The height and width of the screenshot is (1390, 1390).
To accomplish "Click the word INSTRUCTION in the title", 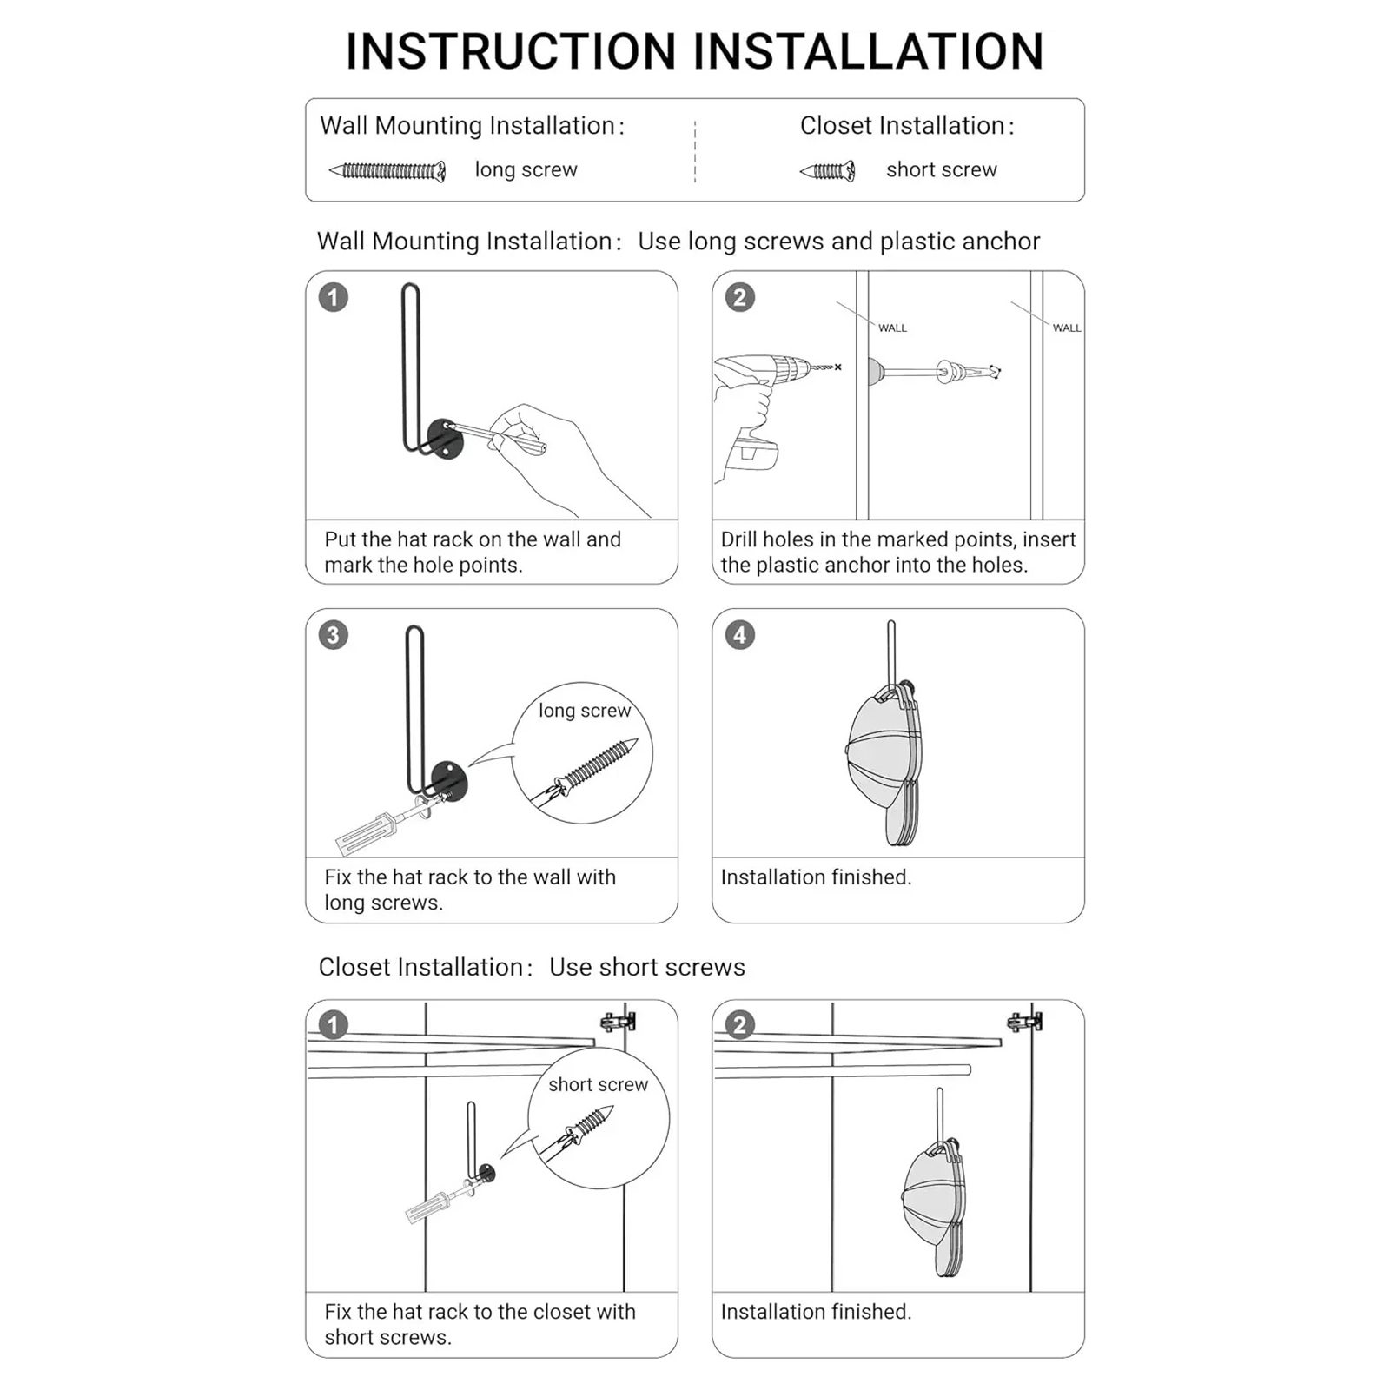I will (511, 52).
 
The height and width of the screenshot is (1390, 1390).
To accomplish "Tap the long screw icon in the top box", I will (387, 171).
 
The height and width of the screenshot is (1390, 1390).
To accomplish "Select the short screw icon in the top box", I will (828, 171).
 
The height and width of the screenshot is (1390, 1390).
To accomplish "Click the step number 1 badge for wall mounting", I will (334, 298).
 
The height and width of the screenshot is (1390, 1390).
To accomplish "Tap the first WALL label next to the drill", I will (892, 328).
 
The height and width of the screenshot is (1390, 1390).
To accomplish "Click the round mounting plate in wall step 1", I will (446, 439).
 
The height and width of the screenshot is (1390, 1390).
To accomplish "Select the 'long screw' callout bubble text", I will (585, 711).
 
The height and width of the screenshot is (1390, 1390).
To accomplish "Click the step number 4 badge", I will (740, 635).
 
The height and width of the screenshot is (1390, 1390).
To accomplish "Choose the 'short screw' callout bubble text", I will (598, 1084).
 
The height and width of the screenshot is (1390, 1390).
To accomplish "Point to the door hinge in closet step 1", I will (618, 1021).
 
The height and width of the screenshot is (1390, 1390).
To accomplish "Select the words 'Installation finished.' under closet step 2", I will (816, 1312).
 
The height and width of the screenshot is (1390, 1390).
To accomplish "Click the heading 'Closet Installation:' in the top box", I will (907, 126).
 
